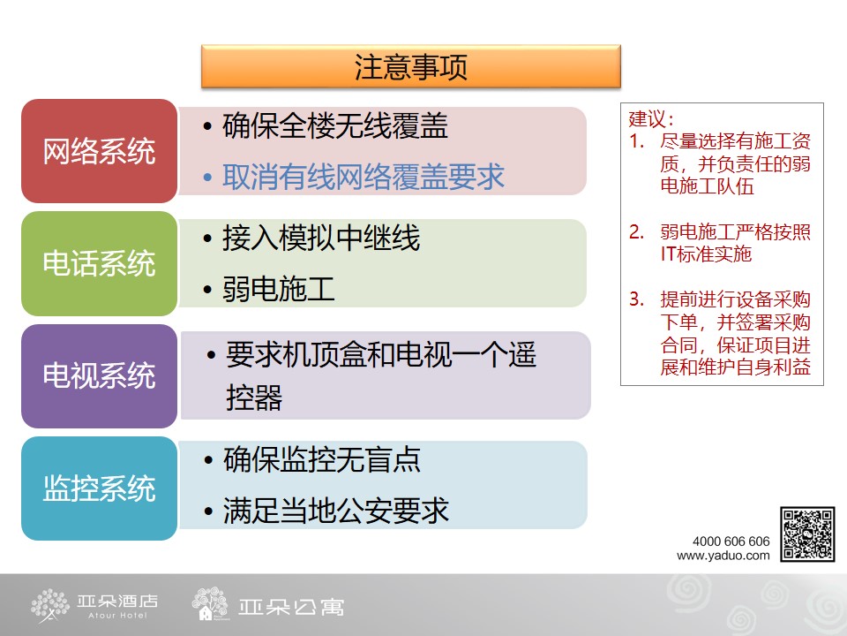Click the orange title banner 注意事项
(x=410, y=66)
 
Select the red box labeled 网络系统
(x=100, y=151)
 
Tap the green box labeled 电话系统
(x=100, y=263)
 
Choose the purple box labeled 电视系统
(x=100, y=376)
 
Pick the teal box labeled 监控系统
(x=100, y=488)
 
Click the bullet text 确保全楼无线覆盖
(x=335, y=126)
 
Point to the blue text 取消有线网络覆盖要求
(x=363, y=177)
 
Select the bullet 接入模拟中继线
(x=321, y=238)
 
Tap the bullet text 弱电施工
(x=279, y=289)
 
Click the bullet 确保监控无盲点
(x=322, y=459)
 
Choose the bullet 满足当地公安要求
(x=336, y=511)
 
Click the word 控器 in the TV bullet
(x=254, y=398)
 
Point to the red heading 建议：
(x=651, y=119)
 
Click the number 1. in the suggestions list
(x=636, y=141)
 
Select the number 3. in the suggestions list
(x=636, y=299)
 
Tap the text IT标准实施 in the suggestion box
(x=706, y=254)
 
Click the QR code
(x=807, y=534)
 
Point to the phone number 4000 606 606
(x=731, y=541)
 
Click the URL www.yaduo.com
(x=723, y=556)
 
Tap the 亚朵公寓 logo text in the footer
(x=290, y=608)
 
